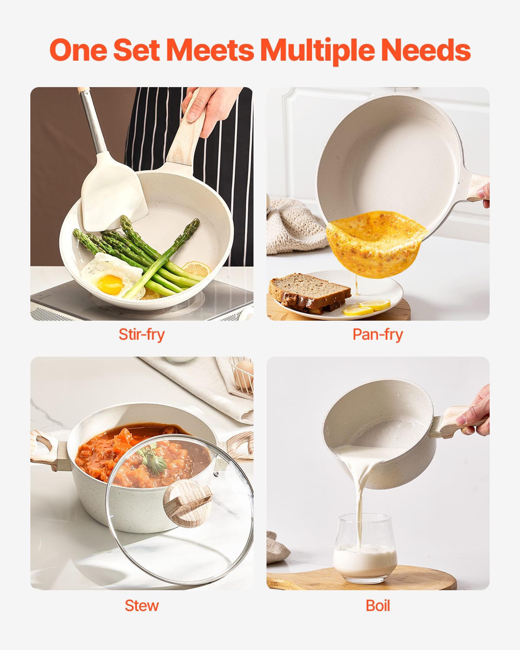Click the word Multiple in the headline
click(x=318, y=50)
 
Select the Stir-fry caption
click(x=142, y=335)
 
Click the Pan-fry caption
click(x=377, y=335)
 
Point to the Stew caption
click(x=142, y=605)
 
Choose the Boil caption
click(x=377, y=605)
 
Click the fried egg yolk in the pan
click(x=110, y=284)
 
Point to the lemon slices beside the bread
click(x=366, y=308)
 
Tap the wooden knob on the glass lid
click(x=187, y=503)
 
